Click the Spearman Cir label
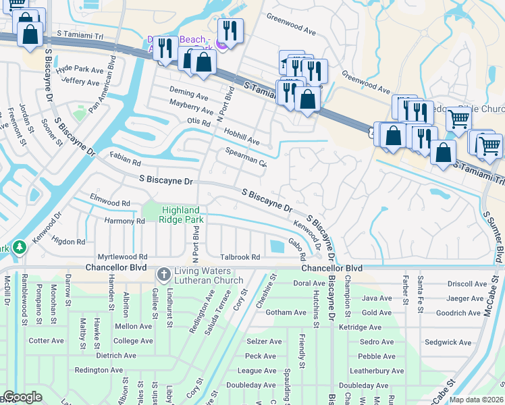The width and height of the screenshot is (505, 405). [246, 157]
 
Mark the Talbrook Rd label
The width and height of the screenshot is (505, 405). [240, 257]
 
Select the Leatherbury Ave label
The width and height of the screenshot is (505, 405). [377, 371]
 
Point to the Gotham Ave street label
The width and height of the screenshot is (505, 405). [267, 313]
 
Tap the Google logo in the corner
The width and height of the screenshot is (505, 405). [22, 397]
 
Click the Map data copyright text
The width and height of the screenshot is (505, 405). [477, 400]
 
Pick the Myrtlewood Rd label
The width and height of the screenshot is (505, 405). [122, 257]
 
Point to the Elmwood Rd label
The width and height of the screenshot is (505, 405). [110, 202]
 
